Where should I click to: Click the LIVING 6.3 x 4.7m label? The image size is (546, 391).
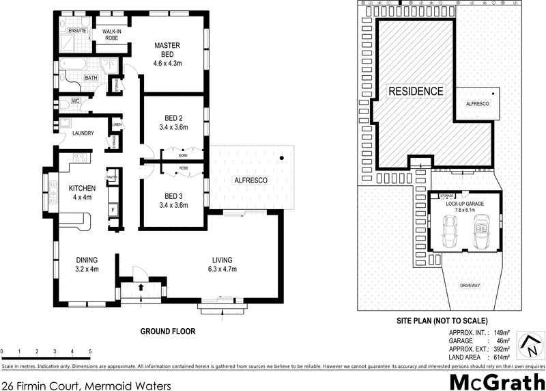[x=222, y=264]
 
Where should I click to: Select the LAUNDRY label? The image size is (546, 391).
[x=77, y=134]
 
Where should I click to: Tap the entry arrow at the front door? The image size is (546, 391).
[x=141, y=286]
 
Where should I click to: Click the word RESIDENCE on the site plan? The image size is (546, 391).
[x=416, y=91]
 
